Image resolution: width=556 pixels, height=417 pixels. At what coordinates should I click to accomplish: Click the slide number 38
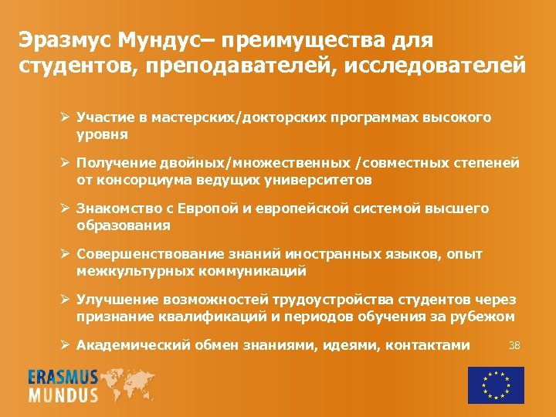tap(514, 344)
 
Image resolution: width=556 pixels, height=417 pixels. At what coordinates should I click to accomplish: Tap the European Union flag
tap(496, 385)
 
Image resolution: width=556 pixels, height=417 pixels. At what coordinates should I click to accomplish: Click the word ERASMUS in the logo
tap(63, 378)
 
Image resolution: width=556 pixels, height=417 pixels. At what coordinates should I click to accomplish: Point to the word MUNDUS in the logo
tap(63, 395)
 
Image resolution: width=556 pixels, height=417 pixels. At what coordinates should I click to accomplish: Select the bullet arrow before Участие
tap(67, 118)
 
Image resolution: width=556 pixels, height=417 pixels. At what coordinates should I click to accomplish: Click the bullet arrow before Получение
tap(67, 164)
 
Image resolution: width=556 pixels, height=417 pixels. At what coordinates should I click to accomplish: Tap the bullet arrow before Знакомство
tap(67, 209)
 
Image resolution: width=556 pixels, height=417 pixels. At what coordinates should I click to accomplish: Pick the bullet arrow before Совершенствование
tap(67, 254)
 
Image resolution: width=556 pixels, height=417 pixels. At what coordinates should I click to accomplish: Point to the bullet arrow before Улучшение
tap(67, 300)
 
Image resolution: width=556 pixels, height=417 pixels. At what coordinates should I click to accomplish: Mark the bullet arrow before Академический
tap(67, 345)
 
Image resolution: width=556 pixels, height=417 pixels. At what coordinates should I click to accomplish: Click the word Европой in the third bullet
tap(198, 209)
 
